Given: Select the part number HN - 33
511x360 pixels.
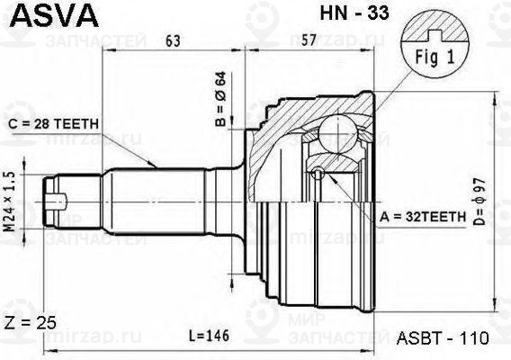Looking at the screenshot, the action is point(354,13).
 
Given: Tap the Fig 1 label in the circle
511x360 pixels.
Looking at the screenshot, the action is point(435,58).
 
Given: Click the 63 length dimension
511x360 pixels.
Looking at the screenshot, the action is point(173,40).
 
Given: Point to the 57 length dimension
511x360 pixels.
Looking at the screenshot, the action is point(309,40).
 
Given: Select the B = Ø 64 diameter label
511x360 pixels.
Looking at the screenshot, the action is point(220,99).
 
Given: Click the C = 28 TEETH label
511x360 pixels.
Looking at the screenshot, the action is point(53,124).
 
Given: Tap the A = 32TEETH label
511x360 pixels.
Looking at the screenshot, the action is point(423,217).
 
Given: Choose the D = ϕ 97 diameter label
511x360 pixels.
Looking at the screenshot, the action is point(480,202).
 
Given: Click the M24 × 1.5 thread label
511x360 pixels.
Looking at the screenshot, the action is point(10,202).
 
